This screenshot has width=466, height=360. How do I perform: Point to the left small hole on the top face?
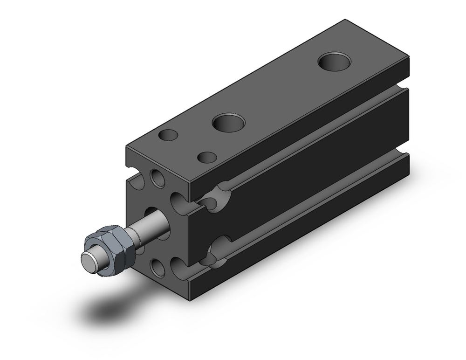[168, 135]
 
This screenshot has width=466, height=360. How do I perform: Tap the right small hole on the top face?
[207, 157]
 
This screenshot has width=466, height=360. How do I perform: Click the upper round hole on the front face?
[158, 179]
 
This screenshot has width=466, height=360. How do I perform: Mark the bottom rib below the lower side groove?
[303, 233]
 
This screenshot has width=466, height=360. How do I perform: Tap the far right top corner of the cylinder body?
[408, 57]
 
